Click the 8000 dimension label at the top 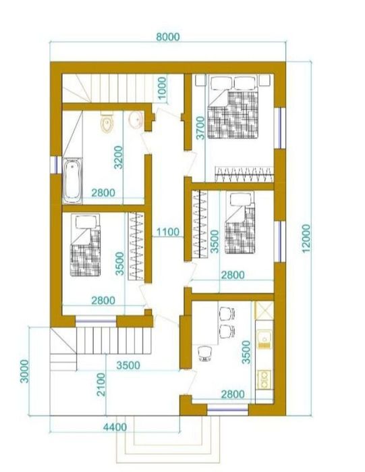click(168, 36)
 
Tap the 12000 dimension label click(306, 238)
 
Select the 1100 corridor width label click(167, 232)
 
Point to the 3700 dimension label click(200, 128)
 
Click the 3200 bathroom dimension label click(119, 157)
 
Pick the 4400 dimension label click(115, 427)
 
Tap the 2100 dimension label click(101, 384)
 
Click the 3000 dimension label click(24, 371)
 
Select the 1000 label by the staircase click(162, 88)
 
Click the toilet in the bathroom click(107, 122)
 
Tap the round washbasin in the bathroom click(136, 120)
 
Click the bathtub click(72, 180)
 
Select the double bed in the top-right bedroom click(233, 107)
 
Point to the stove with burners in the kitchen click(264, 379)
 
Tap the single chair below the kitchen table click(205, 352)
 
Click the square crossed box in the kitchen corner click(264, 311)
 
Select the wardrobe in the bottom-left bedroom click(136, 246)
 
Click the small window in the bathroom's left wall click(55, 165)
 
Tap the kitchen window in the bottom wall click(227, 410)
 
